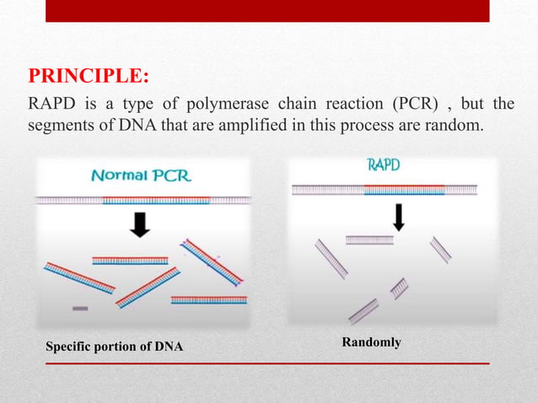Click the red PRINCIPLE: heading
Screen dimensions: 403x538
(89, 77)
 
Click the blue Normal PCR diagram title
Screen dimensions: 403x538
(141, 176)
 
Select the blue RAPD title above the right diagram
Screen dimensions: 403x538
(383, 165)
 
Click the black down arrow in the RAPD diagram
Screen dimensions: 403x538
(399, 217)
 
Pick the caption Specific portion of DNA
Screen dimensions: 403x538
(114, 347)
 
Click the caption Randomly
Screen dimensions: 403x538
(371, 342)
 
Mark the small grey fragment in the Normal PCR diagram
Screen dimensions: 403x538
(80, 309)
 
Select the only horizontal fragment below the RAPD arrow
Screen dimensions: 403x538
(369, 240)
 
